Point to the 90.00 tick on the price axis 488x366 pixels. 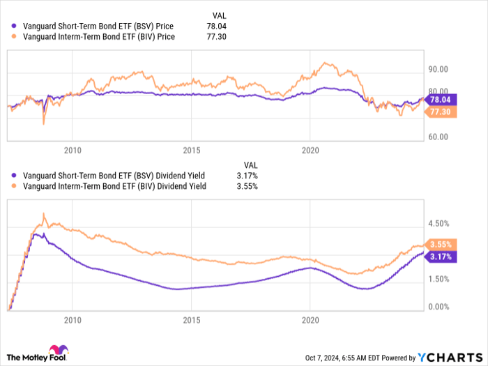[438, 69]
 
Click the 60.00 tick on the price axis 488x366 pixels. [438, 137]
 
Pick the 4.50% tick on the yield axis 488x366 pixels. [438, 224]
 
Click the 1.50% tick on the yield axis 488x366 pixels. [438, 279]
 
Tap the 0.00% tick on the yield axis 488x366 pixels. [438, 307]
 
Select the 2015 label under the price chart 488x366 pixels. [192, 150]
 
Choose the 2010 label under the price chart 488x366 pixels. [73, 150]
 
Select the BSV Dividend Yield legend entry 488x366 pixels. [108, 176]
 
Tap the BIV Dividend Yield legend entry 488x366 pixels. [108, 186]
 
